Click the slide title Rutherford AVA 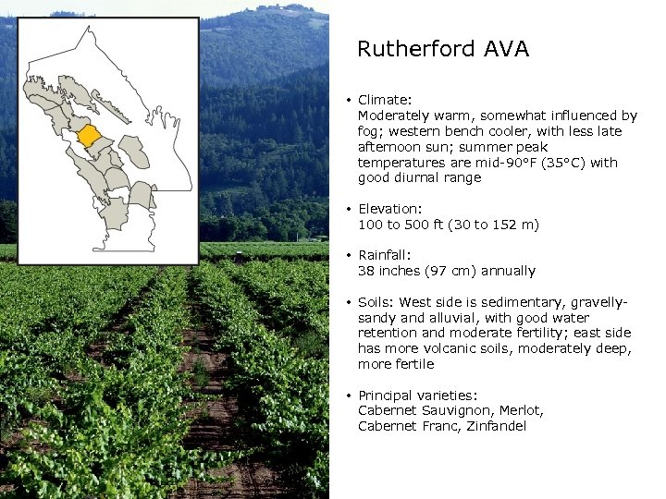pos(442,50)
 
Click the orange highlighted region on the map pos(90,136)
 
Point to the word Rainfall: pos(385,255)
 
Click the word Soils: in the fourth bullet pos(376,302)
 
